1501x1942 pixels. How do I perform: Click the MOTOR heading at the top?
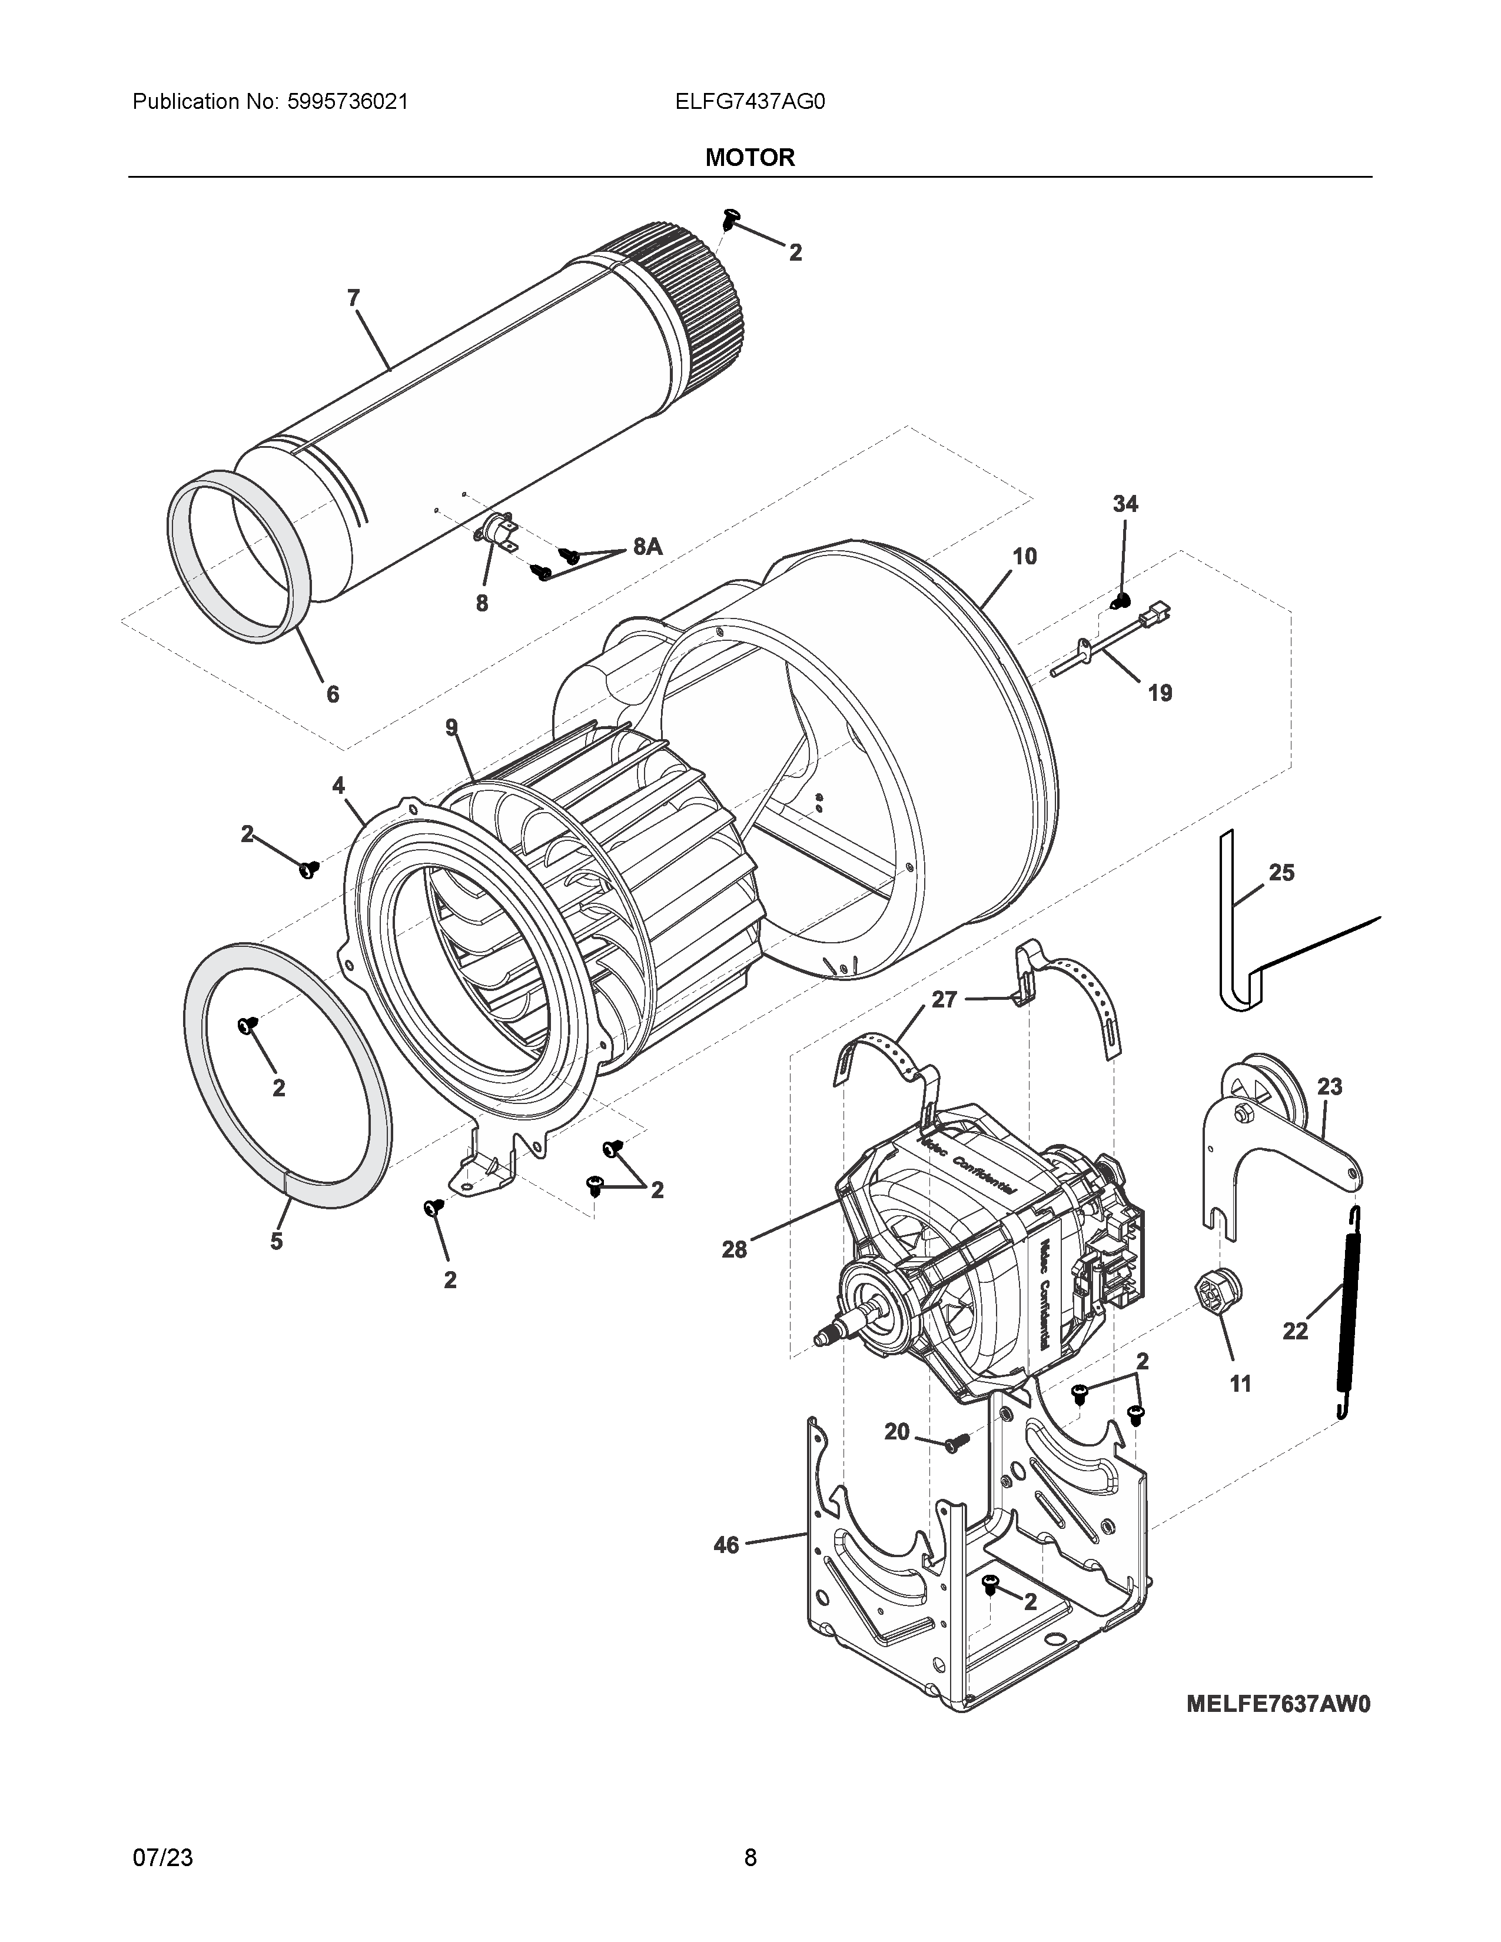click(749, 157)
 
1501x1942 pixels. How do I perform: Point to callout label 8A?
click(647, 547)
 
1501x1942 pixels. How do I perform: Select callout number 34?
click(1125, 504)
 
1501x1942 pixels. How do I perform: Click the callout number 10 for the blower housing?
click(1024, 557)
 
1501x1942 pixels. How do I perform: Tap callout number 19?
click(1160, 693)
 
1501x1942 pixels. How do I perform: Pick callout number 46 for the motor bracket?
click(726, 1545)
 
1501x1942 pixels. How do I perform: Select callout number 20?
click(896, 1432)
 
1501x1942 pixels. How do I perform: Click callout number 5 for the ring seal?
click(277, 1241)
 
